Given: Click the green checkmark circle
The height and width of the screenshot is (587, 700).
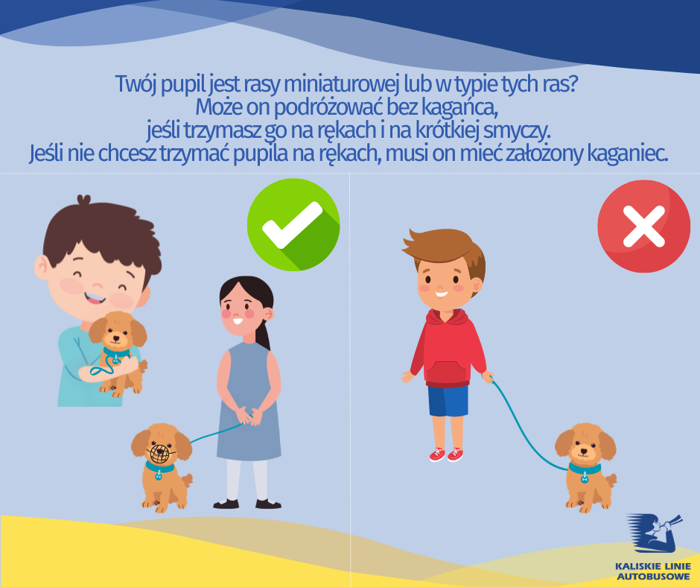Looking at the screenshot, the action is click(293, 225).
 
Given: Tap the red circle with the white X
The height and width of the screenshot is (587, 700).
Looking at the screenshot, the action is click(643, 226).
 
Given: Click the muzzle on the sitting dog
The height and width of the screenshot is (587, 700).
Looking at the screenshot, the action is click(161, 453).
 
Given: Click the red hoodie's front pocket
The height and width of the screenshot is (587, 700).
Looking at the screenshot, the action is click(448, 372).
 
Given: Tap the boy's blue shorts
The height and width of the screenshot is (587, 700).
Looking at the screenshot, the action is click(448, 401).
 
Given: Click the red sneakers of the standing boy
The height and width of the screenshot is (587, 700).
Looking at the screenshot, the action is click(446, 454).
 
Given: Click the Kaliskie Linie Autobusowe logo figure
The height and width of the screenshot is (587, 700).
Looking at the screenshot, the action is click(654, 533).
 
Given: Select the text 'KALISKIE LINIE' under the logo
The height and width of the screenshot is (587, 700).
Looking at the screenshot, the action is click(652, 566).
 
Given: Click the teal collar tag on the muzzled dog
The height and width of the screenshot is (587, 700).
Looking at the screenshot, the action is click(159, 476).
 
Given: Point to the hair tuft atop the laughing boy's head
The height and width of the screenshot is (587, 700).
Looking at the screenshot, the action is click(84, 200).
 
